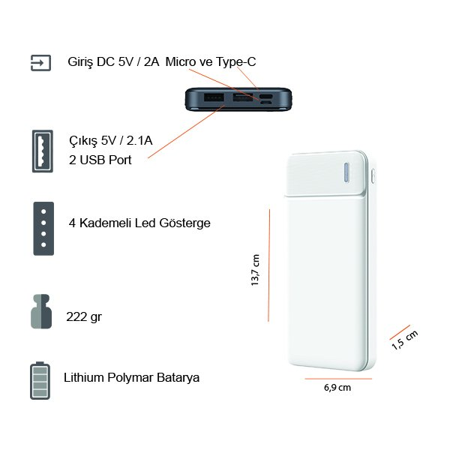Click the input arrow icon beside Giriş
click(x=40, y=63)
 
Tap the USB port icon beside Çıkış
click(x=43, y=151)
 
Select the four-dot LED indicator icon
click(x=43, y=229)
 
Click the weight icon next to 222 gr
click(x=41, y=311)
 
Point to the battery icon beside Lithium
click(x=40, y=380)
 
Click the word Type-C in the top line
click(x=235, y=62)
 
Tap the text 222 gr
click(x=84, y=317)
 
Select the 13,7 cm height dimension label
click(x=255, y=270)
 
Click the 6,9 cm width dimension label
click(x=337, y=388)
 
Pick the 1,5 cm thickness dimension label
click(x=405, y=340)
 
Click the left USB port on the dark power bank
click(x=214, y=97)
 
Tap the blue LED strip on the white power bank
click(x=346, y=172)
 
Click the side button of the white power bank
click(x=373, y=175)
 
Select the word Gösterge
click(x=184, y=223)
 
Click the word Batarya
click(x=178, y=378)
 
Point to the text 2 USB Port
click(x=100, y=160)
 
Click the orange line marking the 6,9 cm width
click(x=338, y=379)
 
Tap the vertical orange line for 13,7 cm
click(x=269, y=265)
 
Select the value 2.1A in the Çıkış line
click(x=139, y=141)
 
